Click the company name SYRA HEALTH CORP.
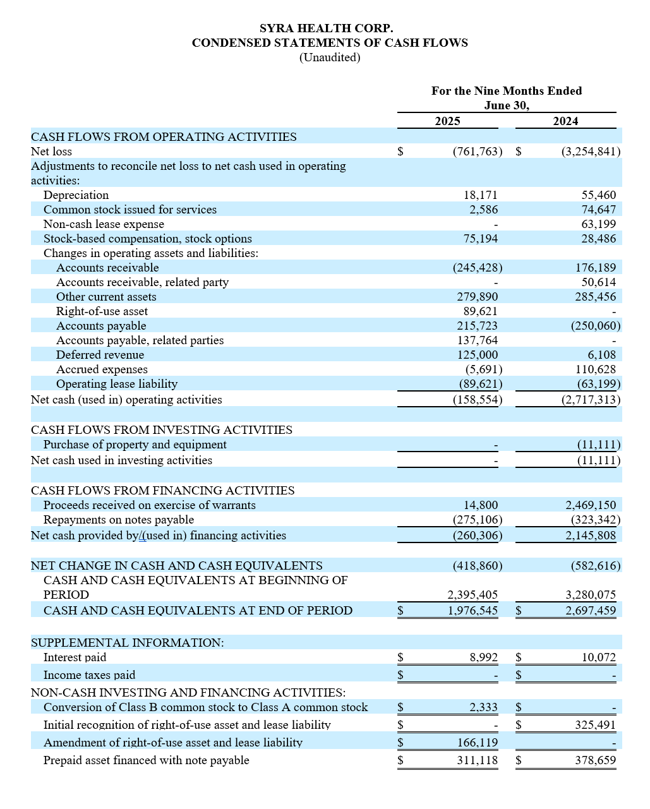(x=326, y=28)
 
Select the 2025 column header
(x=447, y=121)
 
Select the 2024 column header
(x=565, y=121)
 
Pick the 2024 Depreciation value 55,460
(x=598, y=195)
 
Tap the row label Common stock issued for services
(x=129, y=210)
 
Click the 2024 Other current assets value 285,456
(x=595, y=297)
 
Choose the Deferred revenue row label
(x=100, y=355)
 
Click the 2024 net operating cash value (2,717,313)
(x=591, y=400)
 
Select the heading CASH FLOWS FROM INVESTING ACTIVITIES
(x=161, y=430)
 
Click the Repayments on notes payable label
(x=118, y=520)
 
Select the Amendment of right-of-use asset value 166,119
(x=477, y=743)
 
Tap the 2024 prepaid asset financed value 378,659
(x=595, y=760)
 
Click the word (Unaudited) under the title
(x=329, y=57)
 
